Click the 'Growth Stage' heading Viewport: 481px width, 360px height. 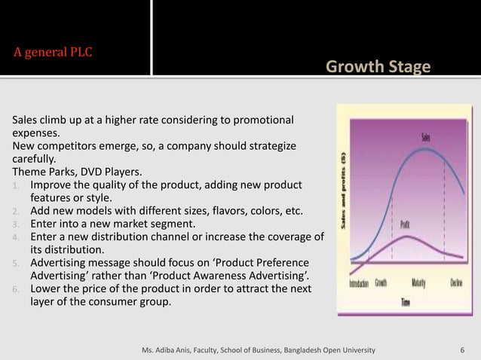click(x=378, y=68)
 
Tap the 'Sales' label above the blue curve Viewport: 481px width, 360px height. click(x=426, y=136)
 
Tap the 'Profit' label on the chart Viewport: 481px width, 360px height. click(x=404, y=224)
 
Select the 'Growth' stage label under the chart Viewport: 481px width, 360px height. click(x=381, y=283)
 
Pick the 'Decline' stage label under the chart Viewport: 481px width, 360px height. click(x=456, y=283)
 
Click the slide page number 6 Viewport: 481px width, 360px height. click(x=462, y=350)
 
